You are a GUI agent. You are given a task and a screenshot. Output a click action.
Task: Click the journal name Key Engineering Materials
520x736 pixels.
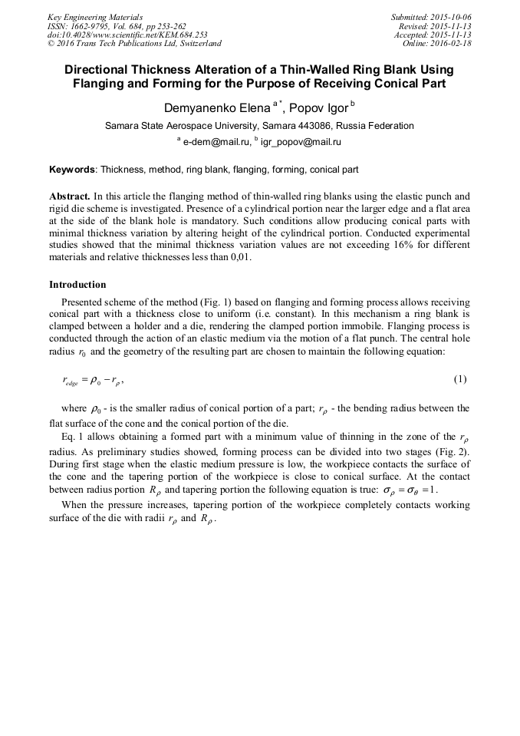pyautogui.click(x=95, y=16)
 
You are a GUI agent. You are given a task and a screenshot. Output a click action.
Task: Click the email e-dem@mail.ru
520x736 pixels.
pyautogui.click(x=215, y=142)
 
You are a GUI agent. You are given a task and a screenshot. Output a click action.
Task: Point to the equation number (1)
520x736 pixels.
pyautogui.click(x=460, y=379)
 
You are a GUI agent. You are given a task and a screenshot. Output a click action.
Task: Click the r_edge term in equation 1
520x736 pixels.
pyautogui.click(x=70, y=381)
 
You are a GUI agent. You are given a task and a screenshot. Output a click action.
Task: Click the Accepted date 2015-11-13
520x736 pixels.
pyautogui.click(x=449, y=35)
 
